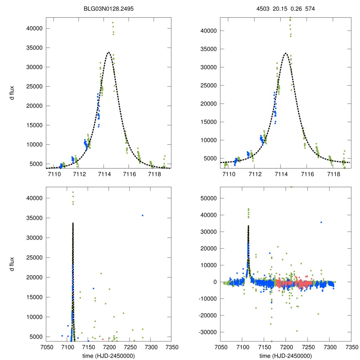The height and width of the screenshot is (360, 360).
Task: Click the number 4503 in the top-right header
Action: tap(263, 8)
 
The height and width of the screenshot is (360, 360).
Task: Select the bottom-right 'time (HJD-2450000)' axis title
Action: tap(286, 356)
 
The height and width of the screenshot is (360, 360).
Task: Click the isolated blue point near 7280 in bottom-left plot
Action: tap(142, 215)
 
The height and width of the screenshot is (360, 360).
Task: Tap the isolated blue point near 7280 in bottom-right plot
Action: tap(321, 222)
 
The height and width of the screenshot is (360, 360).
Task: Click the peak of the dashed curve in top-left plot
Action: tap(109, 52)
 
